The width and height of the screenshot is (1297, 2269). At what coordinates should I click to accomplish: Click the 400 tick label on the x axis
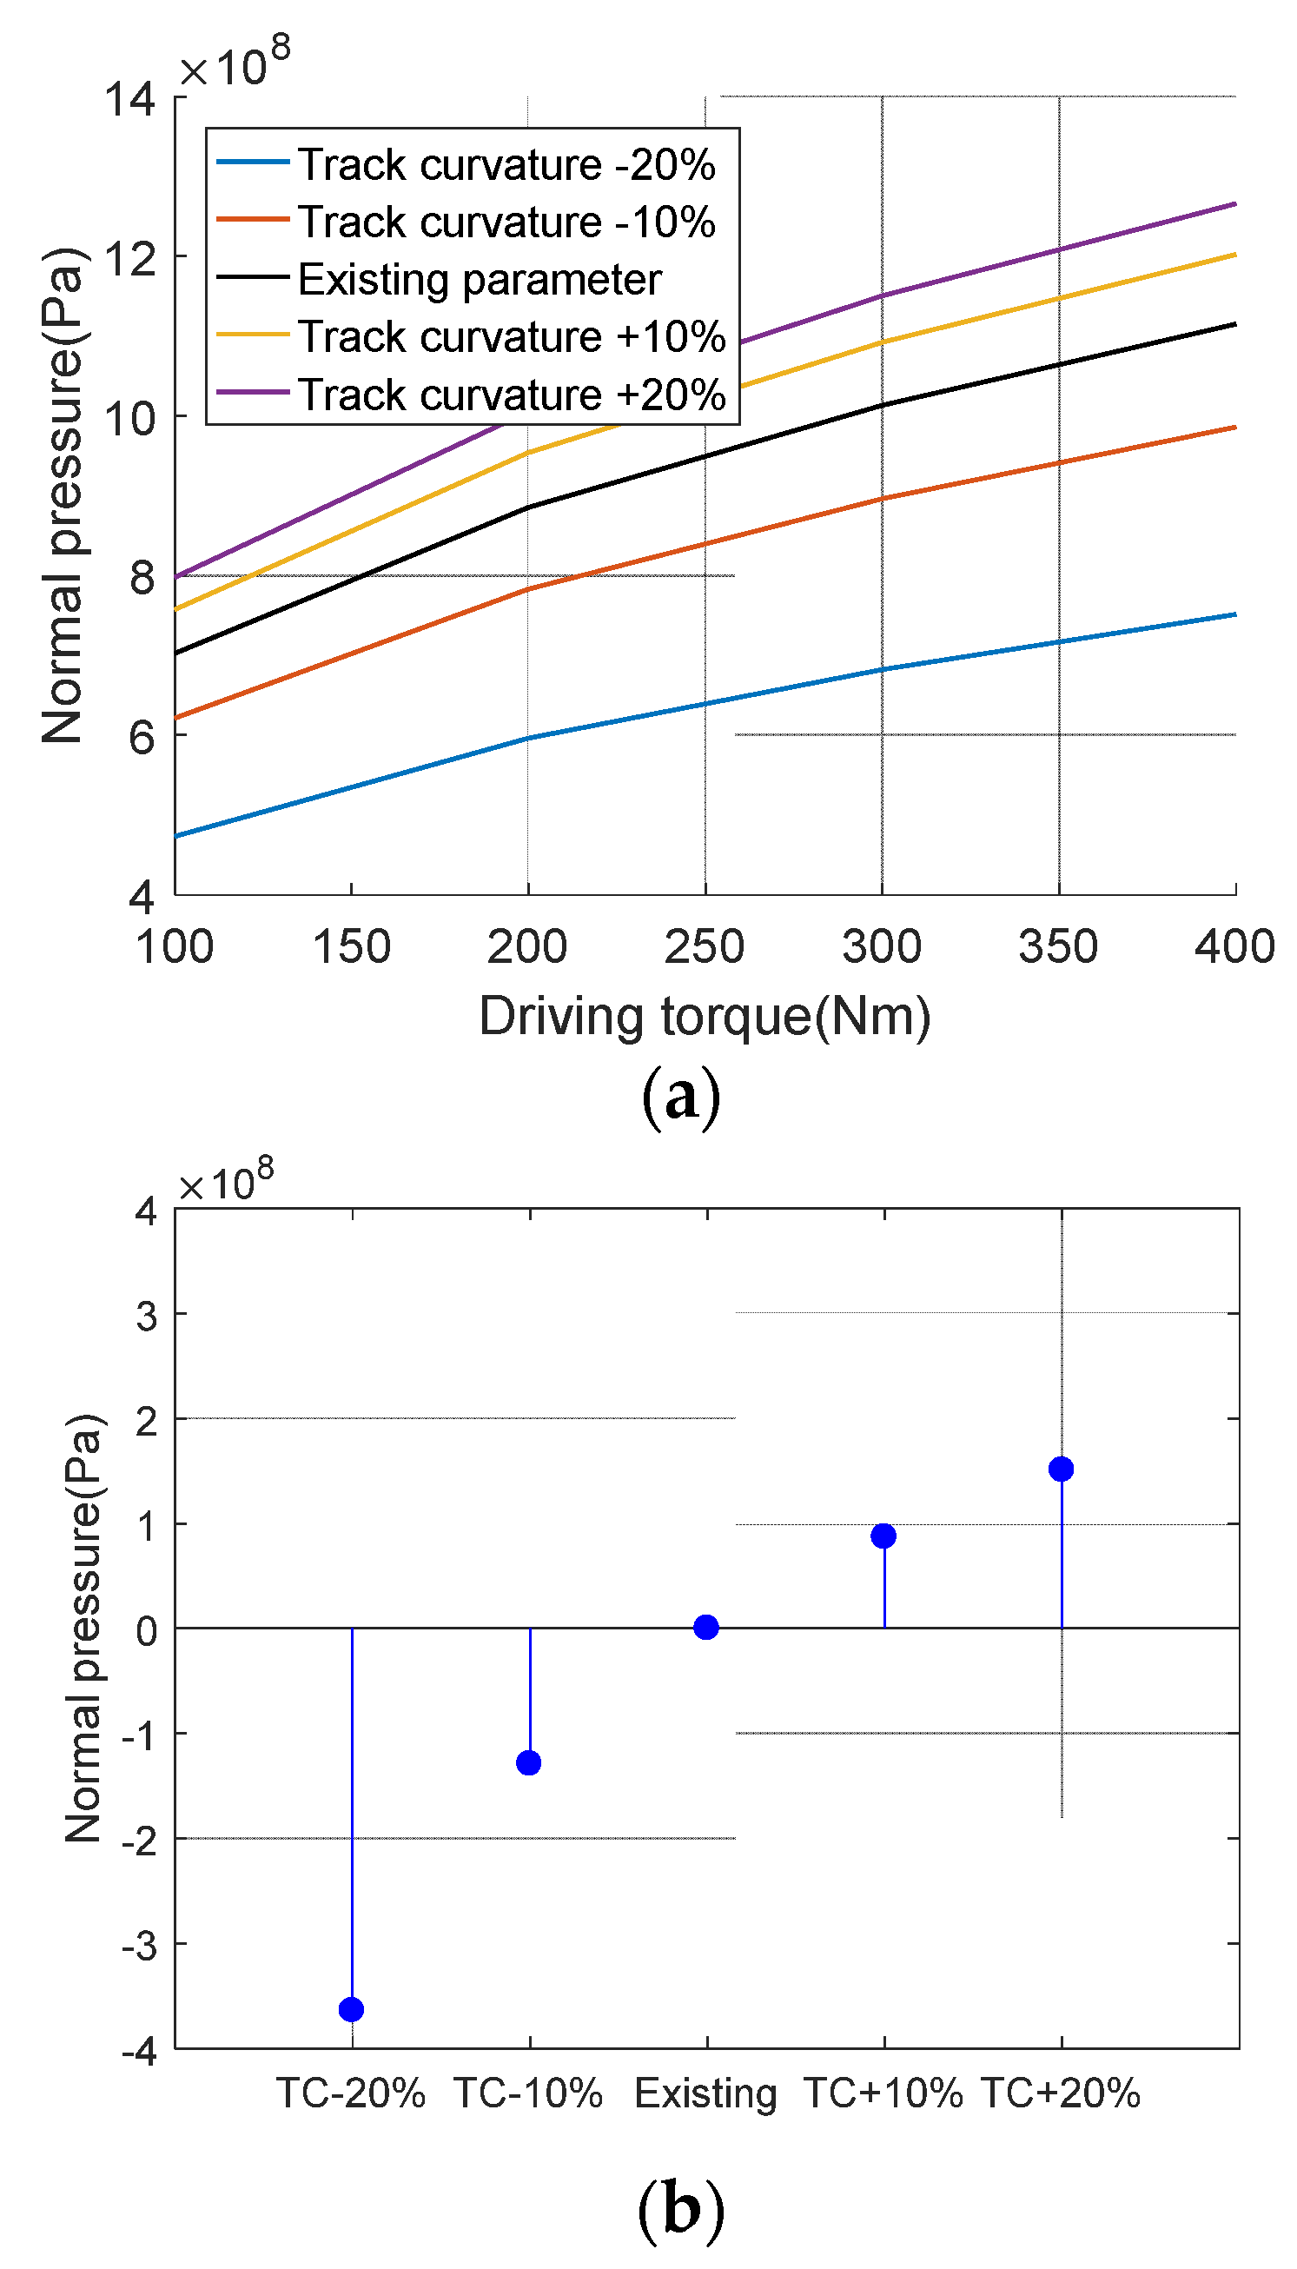tap(1234, 947)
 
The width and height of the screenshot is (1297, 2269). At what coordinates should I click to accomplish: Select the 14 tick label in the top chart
tap(130, 99)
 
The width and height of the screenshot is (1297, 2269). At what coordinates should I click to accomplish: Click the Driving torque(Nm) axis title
tap(705, 1017)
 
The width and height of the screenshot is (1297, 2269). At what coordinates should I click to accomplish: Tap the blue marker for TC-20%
tap(351, 2010)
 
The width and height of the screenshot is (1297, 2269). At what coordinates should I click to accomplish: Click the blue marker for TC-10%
tap(528, 1763)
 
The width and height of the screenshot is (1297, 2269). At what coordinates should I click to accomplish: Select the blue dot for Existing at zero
tap(705, 1628)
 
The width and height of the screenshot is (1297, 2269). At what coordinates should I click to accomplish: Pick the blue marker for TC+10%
tap(883, 1536)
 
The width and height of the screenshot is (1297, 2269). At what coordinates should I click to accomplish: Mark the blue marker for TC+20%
tap(1060, 1469)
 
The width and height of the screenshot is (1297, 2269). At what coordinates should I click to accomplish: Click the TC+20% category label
tap(1060, 2093)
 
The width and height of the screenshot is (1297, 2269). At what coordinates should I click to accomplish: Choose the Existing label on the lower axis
tap(705, 2093)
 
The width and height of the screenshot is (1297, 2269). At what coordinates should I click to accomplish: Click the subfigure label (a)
tap(680, 1098)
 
